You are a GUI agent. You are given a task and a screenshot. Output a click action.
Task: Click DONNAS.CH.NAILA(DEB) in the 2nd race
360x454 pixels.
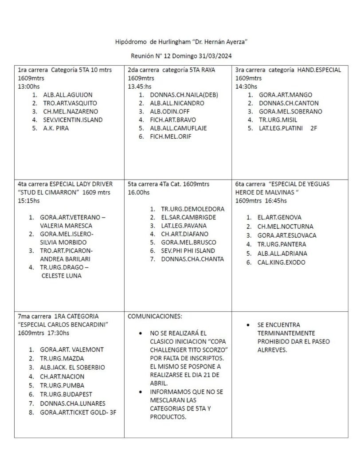click(184, 95)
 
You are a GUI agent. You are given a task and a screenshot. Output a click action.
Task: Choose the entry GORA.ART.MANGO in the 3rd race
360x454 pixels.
click(286, 95)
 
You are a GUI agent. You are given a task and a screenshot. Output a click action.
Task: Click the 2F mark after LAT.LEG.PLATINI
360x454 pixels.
click(314, 129)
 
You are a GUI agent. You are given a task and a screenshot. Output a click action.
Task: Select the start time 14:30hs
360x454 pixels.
click(246, 86)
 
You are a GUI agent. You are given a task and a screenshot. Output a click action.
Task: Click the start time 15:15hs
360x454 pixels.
click(29, 201)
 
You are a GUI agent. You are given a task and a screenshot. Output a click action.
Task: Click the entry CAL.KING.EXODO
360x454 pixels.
click(281, 262)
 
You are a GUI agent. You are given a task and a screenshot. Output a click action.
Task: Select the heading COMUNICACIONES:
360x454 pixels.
click(155, 316)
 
